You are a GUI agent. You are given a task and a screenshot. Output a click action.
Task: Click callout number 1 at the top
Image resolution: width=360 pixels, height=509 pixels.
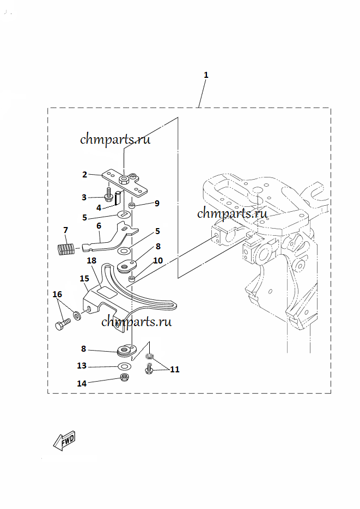tap(206, 75)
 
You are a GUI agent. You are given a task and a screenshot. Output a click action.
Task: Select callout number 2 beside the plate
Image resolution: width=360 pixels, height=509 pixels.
tap(85, 175)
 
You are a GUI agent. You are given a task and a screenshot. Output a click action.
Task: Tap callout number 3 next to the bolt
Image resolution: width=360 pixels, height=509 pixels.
tap(84, 197)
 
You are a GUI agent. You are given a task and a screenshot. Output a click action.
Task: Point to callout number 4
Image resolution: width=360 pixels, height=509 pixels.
tap(99, 207)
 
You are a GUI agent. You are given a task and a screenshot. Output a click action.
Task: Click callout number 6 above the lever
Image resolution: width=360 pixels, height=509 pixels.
tap(99, 225)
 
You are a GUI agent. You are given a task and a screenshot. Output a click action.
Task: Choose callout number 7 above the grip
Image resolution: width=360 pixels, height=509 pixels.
tap(66, 230)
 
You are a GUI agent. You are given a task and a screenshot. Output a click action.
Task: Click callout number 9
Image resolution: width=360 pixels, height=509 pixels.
tap(157, 204)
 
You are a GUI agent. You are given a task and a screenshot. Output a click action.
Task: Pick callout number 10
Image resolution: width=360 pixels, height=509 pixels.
tap(158, 261)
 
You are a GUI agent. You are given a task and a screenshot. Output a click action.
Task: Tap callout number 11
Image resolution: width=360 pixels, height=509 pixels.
tap(174, 370)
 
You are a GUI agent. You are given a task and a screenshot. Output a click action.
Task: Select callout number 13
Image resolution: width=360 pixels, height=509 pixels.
tap(82, 366)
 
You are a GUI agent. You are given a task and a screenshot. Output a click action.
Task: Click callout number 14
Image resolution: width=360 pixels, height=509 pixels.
tap(82, 383)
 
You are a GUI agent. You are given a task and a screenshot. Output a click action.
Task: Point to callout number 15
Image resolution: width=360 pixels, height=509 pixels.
tap(84, 279)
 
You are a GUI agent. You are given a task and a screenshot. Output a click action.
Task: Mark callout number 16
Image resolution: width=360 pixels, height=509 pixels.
tap(57, 295)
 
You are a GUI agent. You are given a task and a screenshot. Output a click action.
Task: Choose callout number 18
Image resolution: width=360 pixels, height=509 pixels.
tap(91, 261)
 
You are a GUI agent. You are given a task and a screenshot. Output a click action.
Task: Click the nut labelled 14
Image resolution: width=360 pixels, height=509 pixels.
tap(124, 378)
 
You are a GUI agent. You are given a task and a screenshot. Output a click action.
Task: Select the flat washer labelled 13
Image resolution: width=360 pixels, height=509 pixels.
tap(124, 365)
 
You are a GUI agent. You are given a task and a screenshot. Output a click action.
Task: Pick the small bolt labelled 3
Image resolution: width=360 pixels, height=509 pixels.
tap(109, 195)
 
